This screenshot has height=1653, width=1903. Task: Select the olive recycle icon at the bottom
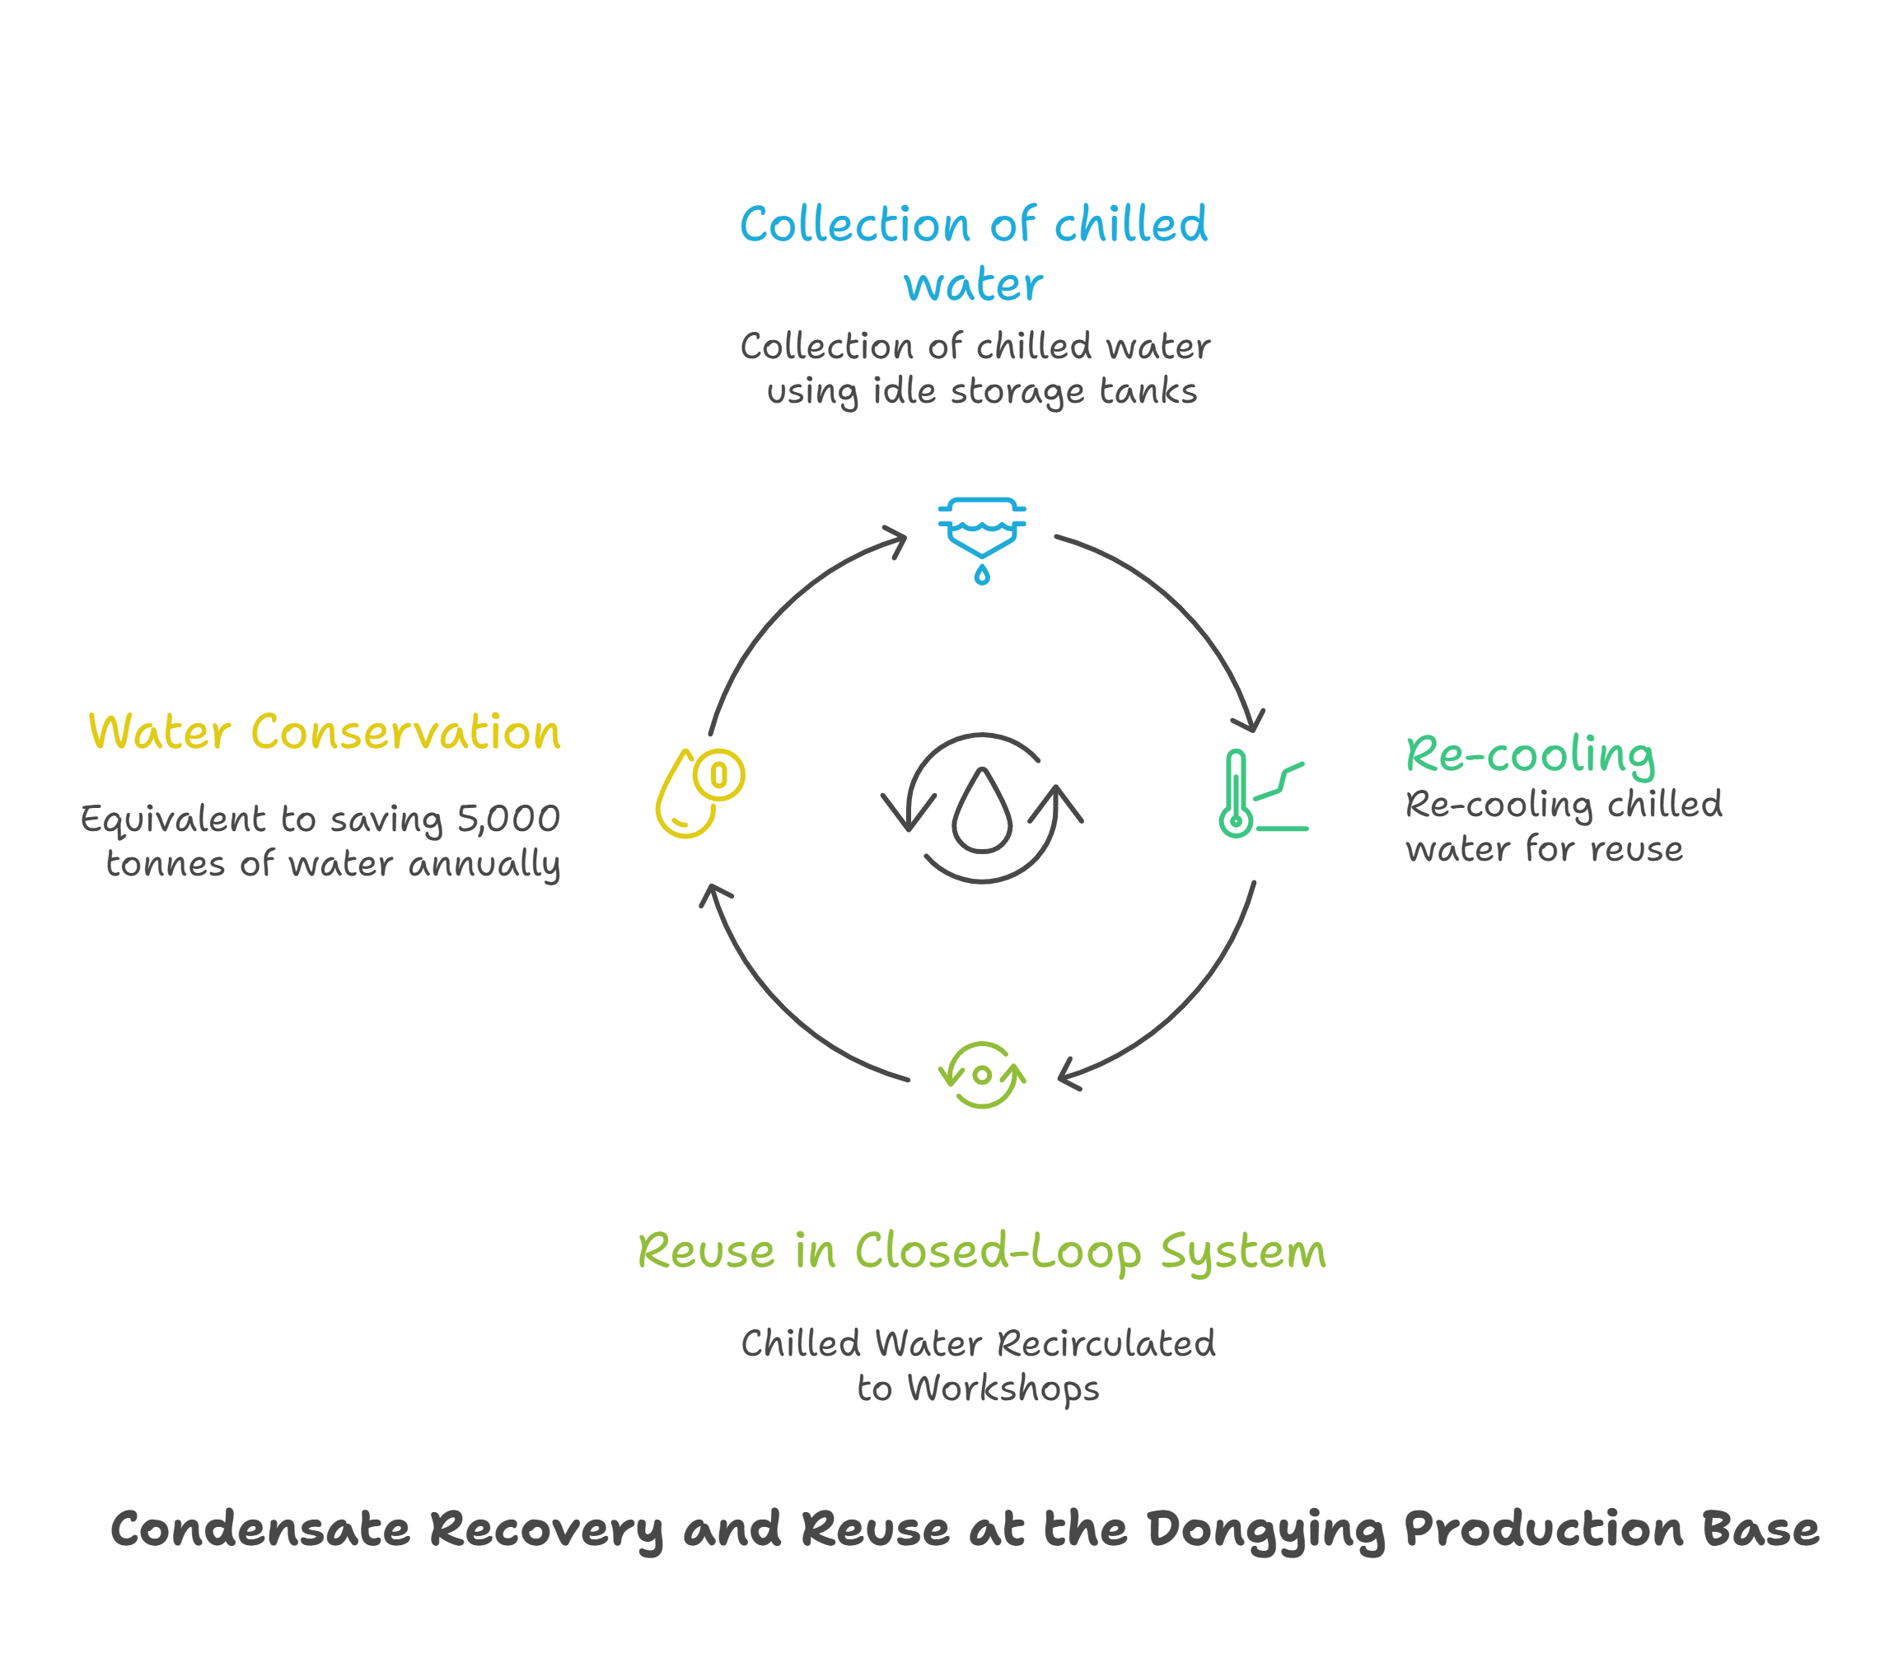click(981, 1075)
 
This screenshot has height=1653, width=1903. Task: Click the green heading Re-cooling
click(1530, 755)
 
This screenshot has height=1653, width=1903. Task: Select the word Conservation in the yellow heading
click(405, 733)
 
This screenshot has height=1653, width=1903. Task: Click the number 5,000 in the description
click(508, 819)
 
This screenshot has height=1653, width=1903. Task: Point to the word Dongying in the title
click(1265, 1529)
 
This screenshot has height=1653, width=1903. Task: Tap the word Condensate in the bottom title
click(259, 1529)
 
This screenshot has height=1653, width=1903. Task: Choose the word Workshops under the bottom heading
click(1003, 1389)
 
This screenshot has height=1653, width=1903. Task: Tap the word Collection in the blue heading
click(855, 225)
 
